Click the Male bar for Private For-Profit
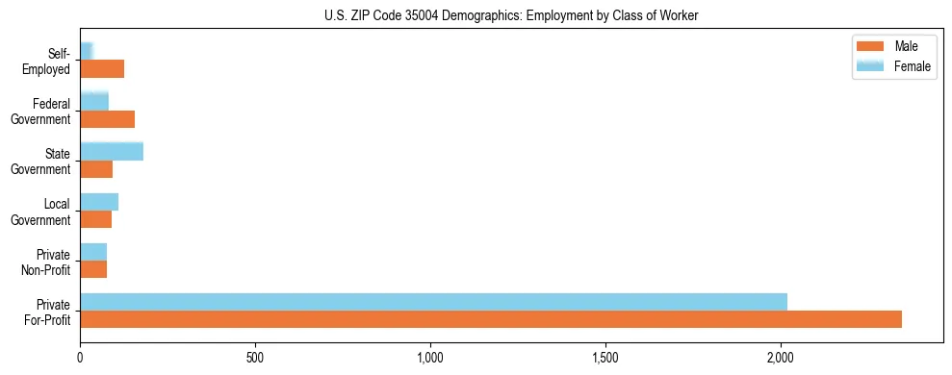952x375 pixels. coord(491,319)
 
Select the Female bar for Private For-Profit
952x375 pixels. coord(433,302)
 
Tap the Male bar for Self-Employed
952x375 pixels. coord(102,68)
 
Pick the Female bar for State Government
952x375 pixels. coord(112,151)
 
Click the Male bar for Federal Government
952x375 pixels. coord(107,119)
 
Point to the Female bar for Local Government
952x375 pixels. coord(99,202)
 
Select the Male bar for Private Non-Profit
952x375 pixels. coord(93,269)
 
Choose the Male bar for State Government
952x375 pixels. coord(96,169)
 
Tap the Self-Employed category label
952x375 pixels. coord(48,61)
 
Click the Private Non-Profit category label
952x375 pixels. coord(46,262)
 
